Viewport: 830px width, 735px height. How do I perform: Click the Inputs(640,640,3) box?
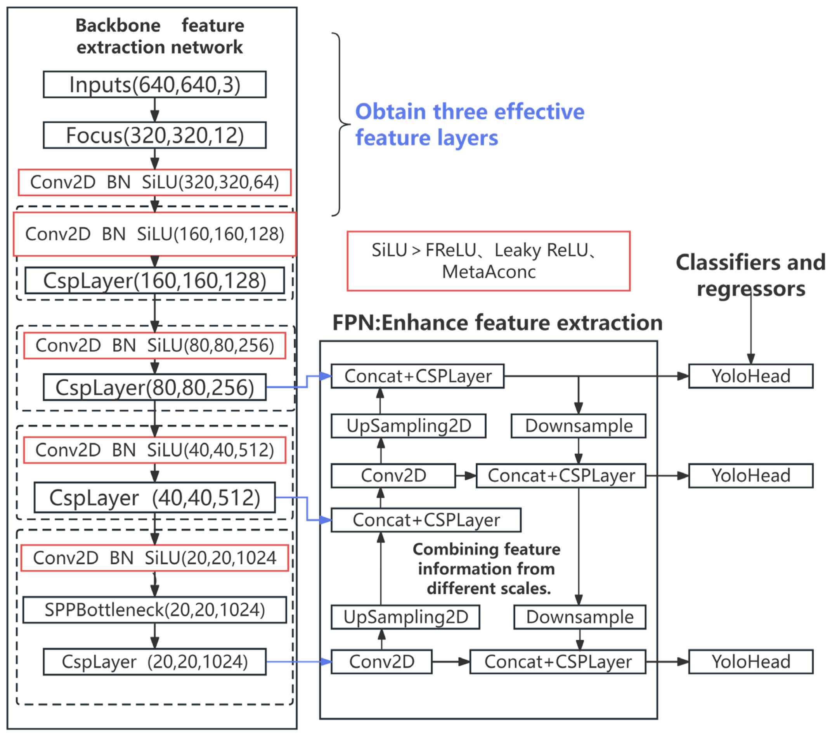coord(155,85)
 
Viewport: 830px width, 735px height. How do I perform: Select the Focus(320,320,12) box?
coord(155,135)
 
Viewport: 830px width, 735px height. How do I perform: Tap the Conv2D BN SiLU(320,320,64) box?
coord(155,182)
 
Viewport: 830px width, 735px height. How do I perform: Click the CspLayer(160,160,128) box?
coord(155,280)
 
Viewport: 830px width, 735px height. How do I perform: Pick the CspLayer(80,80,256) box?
coord(155,387)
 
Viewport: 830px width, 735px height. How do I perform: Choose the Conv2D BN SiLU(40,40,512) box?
coord(155,450)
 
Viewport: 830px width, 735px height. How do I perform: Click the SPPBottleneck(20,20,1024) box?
coord(155,610)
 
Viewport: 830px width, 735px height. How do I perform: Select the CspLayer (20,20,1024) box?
coord(155,662)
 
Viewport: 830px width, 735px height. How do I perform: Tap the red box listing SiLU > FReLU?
coord(489,261)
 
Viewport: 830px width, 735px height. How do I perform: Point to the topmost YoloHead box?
coord(751,376)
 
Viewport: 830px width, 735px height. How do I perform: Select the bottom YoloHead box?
coord(751,662)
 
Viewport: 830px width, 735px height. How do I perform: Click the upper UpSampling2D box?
coord(409,426)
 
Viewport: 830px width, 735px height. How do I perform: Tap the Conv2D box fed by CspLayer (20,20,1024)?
coord(382,662)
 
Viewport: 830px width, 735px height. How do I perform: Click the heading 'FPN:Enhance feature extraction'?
coord(497,323)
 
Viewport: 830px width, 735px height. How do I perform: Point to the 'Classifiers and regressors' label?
coord(751,275)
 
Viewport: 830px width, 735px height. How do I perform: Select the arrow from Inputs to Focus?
coord(155,110)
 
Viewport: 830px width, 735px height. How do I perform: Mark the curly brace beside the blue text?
coord(339,124)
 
